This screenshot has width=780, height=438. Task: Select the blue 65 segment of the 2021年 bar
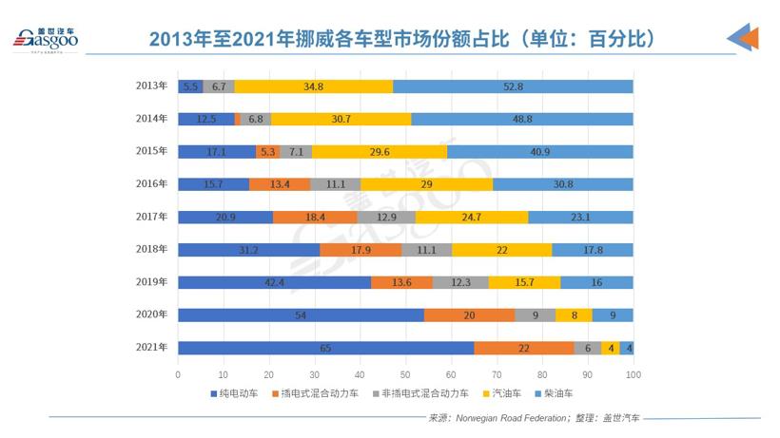click(x=325, y=348)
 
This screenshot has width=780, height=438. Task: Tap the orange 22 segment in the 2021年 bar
click(x=524, y=348)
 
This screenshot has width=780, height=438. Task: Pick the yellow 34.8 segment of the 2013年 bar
click(x=313, y=86)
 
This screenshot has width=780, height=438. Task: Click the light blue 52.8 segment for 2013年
click(x=513, y=86)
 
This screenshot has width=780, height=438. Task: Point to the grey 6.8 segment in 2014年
click(x=256, y=119)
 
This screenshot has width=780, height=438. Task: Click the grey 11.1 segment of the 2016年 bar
click(x=335, y=184)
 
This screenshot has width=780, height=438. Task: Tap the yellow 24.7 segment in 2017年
click(x=472, y=217)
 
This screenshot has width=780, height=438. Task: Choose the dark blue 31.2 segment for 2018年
click(x=248, y=250)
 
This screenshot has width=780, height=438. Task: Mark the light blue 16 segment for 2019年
click(x=596, y=282)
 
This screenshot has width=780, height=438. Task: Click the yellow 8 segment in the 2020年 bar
click(x=574, y=315)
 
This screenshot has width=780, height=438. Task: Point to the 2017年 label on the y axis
click(x=152, y=217)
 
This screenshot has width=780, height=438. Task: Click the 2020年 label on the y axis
click(x=152, y=315)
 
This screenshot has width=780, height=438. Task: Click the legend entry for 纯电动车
click(x=233, y=392)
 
